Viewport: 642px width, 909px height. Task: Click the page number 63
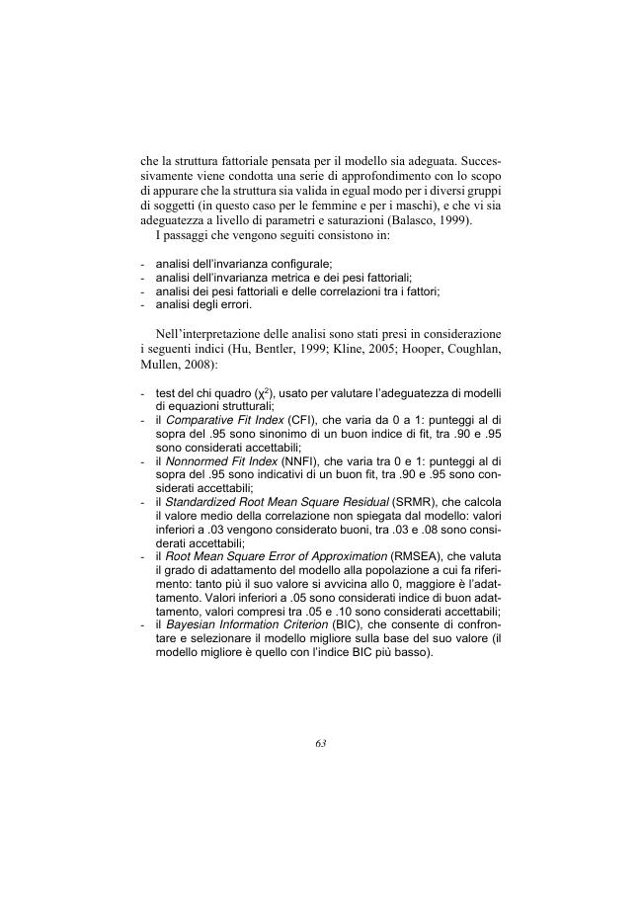pyautogui.click(x=321, y=744)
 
